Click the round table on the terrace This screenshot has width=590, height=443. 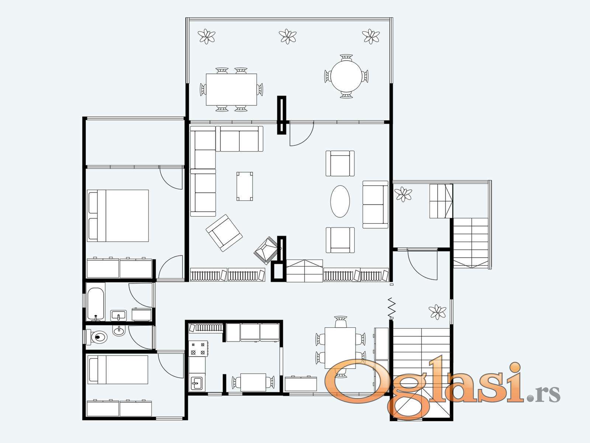pos(346,76)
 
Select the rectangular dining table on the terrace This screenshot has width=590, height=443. pos(232,90)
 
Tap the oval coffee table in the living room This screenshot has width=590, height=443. pos(340,201)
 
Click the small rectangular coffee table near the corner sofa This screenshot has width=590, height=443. pos(244,186)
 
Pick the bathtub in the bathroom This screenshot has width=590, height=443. pos(96,304)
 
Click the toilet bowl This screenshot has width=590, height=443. pos(99,337)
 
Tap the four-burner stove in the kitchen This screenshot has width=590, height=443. pos(198,348)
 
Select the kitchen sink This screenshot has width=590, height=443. pos(197,383)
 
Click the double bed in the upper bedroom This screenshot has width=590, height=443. pos(118,216)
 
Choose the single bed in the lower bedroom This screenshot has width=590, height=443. pos(118,370)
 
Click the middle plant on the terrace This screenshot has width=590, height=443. pos(288,36)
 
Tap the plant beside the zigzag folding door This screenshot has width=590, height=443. pos(437,312)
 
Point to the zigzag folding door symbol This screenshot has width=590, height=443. pos(392,308)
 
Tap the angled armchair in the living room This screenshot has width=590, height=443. pos(224,233)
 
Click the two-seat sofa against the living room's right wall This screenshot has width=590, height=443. pos(375,205)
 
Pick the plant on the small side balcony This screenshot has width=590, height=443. pos(403,194)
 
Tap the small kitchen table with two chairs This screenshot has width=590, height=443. pos(253,382)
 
